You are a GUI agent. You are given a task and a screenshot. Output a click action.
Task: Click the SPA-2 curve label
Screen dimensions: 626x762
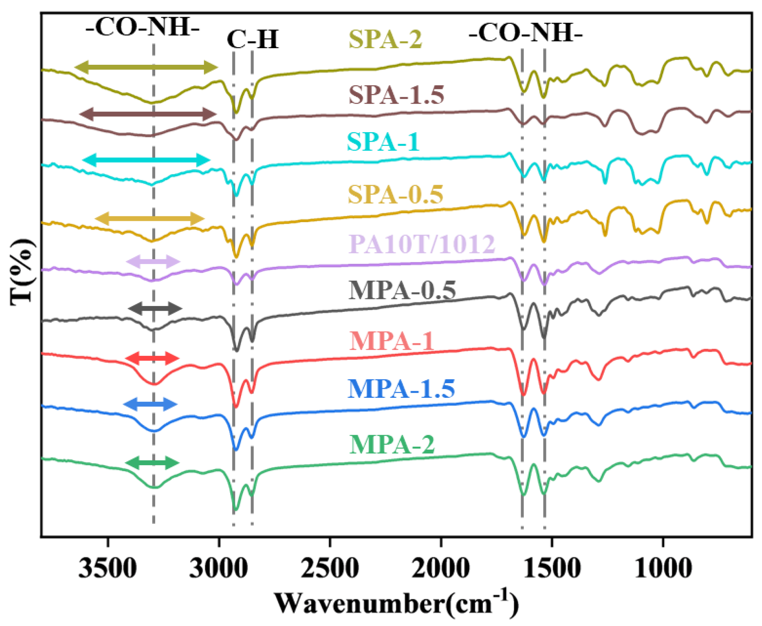pos(385,39)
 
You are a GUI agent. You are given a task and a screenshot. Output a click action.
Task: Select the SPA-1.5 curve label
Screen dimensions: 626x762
pos(396,95)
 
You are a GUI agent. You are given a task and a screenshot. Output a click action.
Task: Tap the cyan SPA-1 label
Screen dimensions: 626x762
pos(383,142)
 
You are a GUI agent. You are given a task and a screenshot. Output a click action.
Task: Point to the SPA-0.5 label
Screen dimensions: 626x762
pos(395,194)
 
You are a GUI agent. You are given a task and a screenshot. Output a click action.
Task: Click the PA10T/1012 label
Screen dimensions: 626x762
pos(422,244)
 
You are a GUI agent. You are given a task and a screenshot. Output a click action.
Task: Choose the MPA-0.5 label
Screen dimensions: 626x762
pos(402,290)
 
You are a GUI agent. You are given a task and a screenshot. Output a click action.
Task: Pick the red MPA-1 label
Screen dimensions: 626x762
pos(391,341)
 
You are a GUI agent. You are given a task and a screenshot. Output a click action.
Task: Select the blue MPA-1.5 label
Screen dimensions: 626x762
pos(401,389)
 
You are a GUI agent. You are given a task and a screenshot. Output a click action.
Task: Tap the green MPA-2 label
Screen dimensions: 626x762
pos(392,444)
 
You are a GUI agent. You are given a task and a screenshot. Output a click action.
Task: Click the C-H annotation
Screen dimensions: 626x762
pos(253,40)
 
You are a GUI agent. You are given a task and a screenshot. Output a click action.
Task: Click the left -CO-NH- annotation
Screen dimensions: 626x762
pos(142,28)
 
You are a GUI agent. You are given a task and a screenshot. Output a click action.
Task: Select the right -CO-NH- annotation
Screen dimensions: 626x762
pos(525,33)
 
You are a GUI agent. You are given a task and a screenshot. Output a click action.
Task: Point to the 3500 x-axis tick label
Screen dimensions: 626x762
pos(107,568)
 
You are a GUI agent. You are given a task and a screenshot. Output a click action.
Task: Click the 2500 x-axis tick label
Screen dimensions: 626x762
pos(330,568)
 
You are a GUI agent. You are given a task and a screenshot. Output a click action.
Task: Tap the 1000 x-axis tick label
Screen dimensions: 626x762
pos(663,568)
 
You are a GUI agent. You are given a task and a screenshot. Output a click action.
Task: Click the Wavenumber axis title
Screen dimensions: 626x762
pos(397,603)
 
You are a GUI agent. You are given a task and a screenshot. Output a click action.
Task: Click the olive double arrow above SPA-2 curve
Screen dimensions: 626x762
pos(146,67)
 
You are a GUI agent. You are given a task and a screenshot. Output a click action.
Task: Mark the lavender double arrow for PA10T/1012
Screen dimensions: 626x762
pos(153,262)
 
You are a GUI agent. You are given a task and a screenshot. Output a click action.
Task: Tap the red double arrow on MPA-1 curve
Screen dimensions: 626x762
pos(152,358)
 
